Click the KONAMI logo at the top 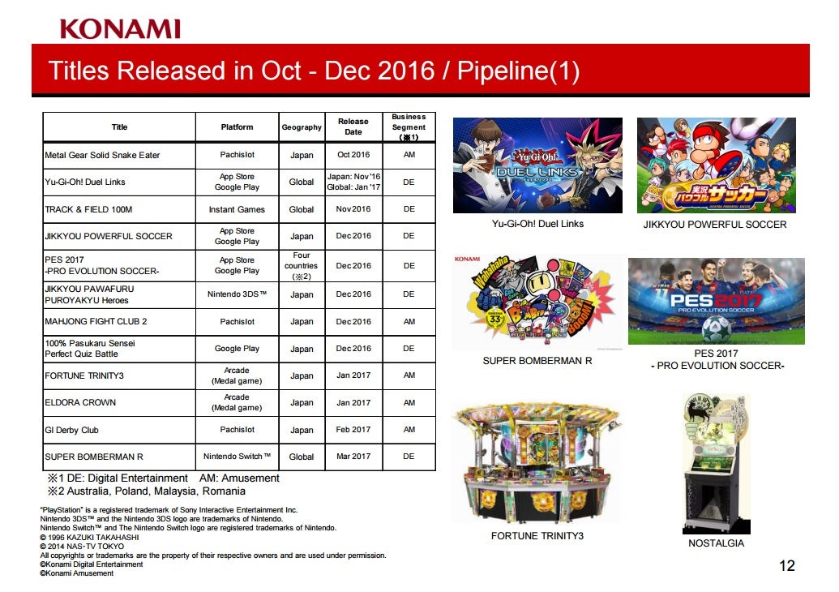(120, 29)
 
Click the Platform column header (237, 127)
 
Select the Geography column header (302, 127)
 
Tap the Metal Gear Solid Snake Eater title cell (119, 155)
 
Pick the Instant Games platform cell (237, 209)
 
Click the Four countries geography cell (302, 266)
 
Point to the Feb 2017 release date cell (353, 429)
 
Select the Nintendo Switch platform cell (237, 457)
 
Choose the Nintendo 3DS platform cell (237, 294)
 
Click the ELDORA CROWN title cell (119, 402)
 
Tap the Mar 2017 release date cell (353, 457)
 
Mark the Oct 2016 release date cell (353, 155)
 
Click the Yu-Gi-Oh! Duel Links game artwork (537, 165)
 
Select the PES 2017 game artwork (717, 302)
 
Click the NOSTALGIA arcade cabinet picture (717, 464)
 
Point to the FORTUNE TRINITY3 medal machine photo (537, 463)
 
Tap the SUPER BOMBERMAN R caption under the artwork (537, 361)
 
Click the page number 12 (787, 566)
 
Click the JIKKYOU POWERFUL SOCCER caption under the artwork (715, 225)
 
